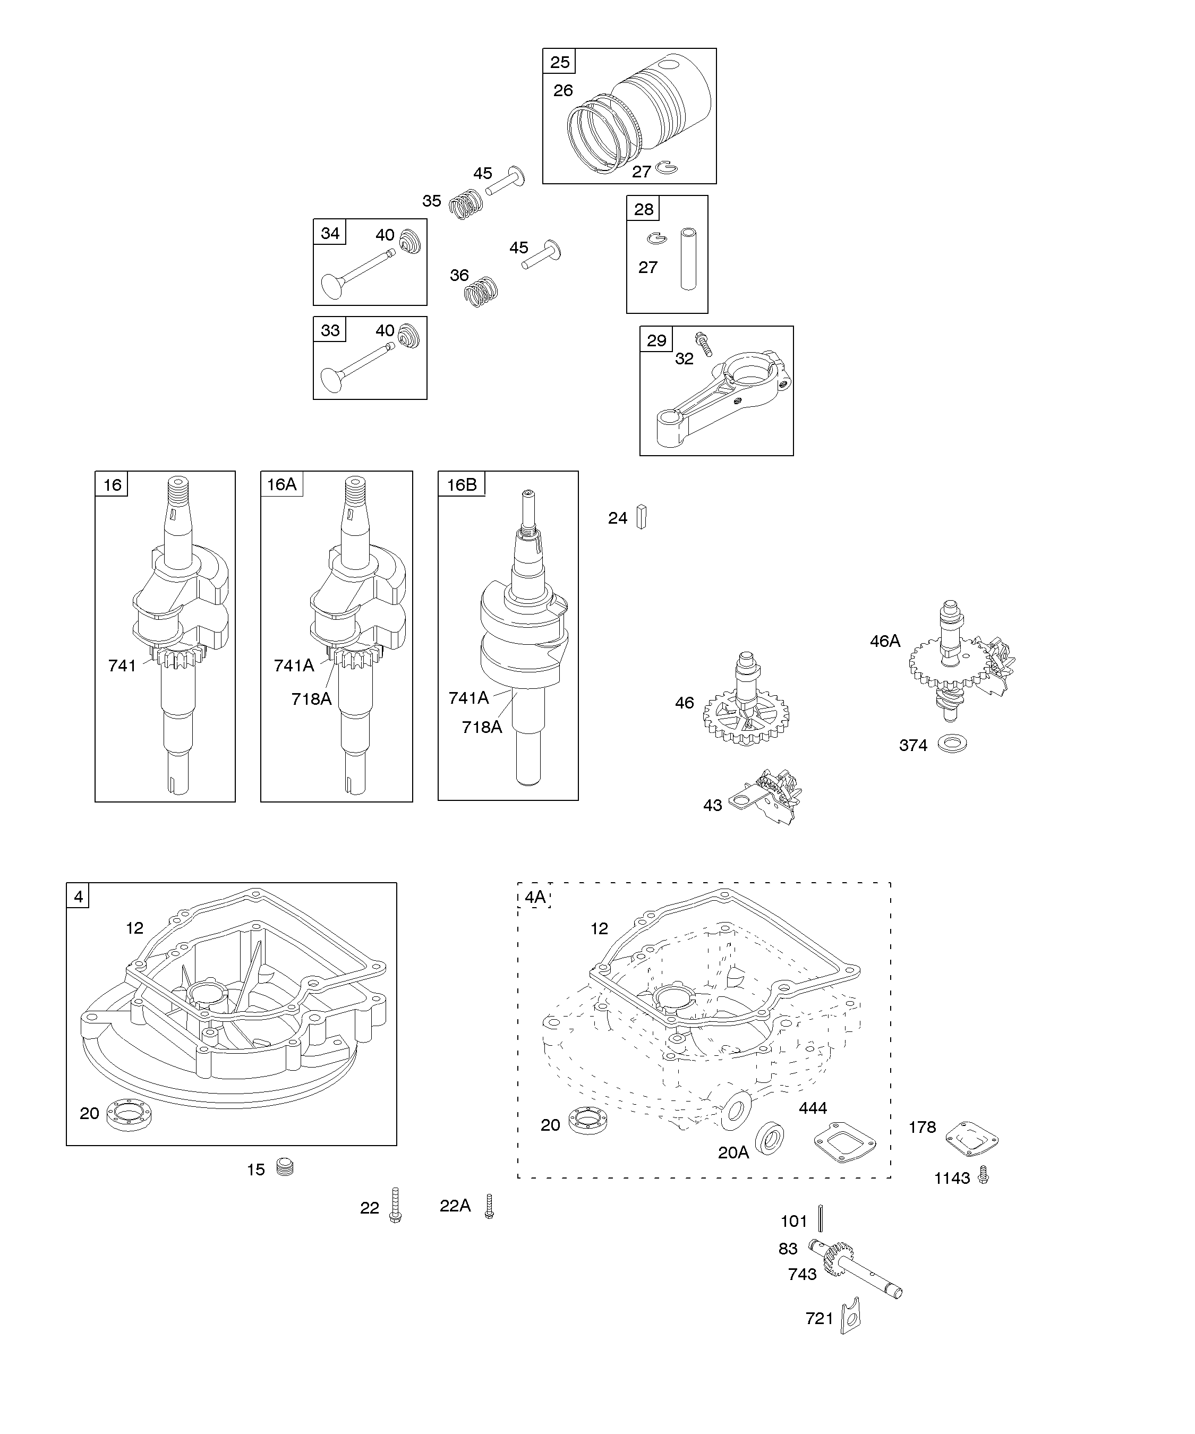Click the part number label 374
[913, 746]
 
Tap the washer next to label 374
[952, 744]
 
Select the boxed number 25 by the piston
[560, 62]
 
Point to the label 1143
[952, 1178]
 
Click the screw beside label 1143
[983, 1174]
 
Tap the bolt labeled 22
[395, 1205]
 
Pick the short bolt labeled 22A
[489, 1206]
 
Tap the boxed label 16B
[462, 485]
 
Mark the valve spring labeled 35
[467, 203]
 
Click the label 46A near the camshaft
[885, 641]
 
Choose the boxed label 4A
[535, 897]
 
